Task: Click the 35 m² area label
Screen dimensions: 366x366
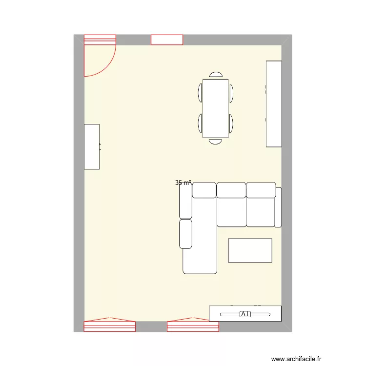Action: (183, 183)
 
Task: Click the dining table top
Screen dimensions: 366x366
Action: (215, 108)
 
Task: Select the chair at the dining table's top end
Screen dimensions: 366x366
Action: (216, 75)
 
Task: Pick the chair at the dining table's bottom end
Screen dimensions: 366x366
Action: (216, 142)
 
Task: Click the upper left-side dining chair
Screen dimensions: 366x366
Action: (200, 92)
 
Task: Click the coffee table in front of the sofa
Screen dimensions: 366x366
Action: (250, 250)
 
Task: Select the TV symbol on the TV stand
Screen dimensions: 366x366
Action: (245, 314)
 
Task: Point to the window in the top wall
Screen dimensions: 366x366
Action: (166, 40)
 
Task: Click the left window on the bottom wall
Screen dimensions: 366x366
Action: (109, 325)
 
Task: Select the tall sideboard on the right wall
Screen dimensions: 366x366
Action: (274, 103)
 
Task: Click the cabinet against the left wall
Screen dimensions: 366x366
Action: (92, 146)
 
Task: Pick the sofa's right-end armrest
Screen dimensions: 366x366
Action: (278, 207)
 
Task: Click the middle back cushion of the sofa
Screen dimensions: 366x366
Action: (231, 190)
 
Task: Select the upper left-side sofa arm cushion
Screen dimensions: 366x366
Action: (185, 201)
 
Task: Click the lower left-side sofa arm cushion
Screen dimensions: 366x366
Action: (185, 234)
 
